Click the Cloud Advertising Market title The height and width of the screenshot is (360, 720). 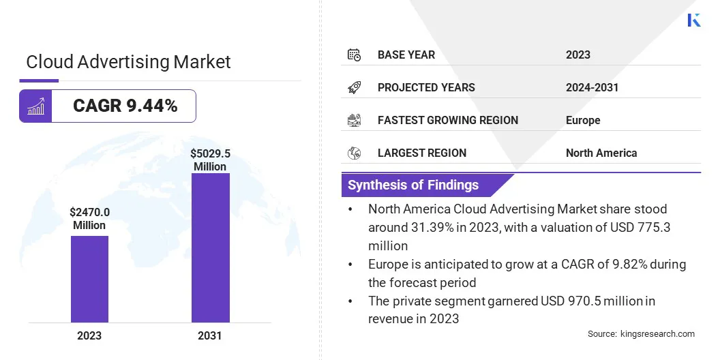pyautogui.click(x=128, y=62)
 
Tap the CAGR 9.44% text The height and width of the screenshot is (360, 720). pyautogui.click(x=125, y=106)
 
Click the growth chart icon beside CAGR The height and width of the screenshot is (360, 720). pyautogui.click(x=35, y=106)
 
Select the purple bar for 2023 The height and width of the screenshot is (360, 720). pyautogui.click(x=89, y=279)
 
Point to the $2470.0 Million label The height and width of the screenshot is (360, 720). pyautogui.click(x=89, y=219)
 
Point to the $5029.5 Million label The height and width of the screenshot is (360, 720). pyautogui.click(x=210, y=160)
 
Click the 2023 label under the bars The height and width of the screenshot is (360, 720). pyautogui.click(x=89, y=335)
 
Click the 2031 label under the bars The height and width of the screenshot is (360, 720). pyautogui.click(x=210, y=335)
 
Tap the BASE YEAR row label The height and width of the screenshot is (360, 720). pyautogui.click(x=406, y=55)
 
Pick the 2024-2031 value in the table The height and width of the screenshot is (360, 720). pyautogui.click(x=592, y=87)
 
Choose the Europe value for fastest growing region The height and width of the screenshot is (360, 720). pyautogui.click(x=583, y=120)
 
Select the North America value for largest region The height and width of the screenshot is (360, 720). pyautogui.click(x=601, y=153)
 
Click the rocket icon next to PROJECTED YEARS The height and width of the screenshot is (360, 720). pyautogui.click(x=354, y=87)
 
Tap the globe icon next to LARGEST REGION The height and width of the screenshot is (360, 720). pyautogui.click(x=354, y=153)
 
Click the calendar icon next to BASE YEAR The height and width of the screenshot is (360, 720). pyautogui.click(x=354, y=55)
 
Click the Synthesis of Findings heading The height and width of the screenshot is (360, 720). pyautogui.click(x=413, y=185)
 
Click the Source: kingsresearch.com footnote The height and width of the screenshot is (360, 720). pyautogui.click(x=641, y=333)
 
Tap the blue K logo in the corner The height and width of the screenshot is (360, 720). pyautogui.click(x=694, y=20)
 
